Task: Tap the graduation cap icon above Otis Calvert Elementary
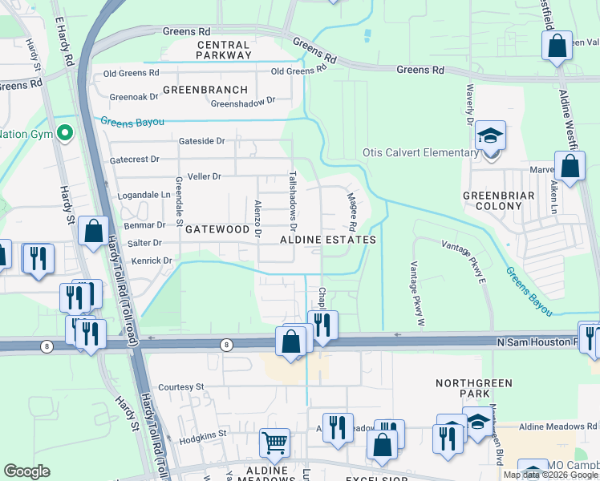click(x=490, y=135)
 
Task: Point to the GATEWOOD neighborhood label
click(x=217, y=229)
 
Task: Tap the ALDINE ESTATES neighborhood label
click(x=328, y=240)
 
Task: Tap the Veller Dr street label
click(x=204, y=176)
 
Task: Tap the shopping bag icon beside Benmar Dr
click(x=93, y=231)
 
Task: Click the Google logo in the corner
click(x=26, y=471)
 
